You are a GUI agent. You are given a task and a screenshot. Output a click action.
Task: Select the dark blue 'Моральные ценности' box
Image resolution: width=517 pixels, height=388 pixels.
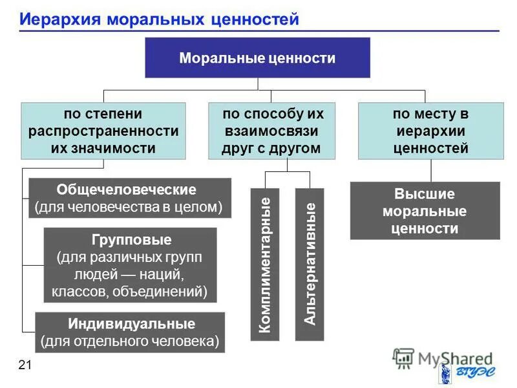(x=257, y=58)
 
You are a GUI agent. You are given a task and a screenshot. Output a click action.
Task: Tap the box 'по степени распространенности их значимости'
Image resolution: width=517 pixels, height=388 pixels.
(x=103, y=131)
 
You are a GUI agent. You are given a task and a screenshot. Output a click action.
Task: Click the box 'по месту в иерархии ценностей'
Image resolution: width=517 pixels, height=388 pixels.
(x=430, y=131)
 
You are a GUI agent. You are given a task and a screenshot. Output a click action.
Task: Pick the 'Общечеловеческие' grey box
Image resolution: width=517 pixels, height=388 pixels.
(x=129, y=199)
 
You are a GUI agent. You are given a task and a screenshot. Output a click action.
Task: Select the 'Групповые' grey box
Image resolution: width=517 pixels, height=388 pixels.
(x=129, y=266)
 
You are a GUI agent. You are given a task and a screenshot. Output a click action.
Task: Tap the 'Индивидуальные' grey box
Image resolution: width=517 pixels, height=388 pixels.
(x=129, y=332)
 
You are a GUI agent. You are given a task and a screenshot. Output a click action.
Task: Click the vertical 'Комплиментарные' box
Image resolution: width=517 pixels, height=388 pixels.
(x=264, y=264)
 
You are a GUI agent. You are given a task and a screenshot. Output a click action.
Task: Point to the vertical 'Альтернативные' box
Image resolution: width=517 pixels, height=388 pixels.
(x=310, y=264)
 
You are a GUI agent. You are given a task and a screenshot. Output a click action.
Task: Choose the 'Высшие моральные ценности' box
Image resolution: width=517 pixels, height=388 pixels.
(x=425, y=211)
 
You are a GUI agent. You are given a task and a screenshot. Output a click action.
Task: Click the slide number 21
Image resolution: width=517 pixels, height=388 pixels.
(x=25, y=366)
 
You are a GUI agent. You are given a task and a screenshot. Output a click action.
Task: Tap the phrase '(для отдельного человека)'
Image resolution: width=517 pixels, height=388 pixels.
(x=129, y=341)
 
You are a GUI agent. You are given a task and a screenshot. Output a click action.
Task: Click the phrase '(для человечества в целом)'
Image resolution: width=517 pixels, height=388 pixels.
(x=129, y=207)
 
